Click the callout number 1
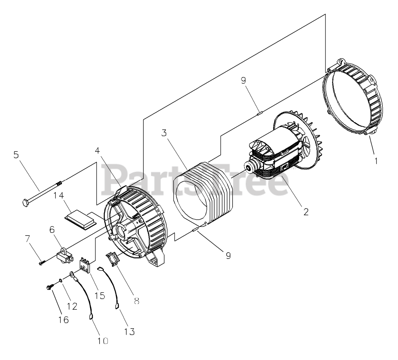click(376, 161)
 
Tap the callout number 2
click(306, 212)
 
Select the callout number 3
click(164, 133)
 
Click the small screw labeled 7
click(42, 263)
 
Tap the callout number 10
click(103, 341)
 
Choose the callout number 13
click(130, 332)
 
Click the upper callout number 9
click(243, 80)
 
